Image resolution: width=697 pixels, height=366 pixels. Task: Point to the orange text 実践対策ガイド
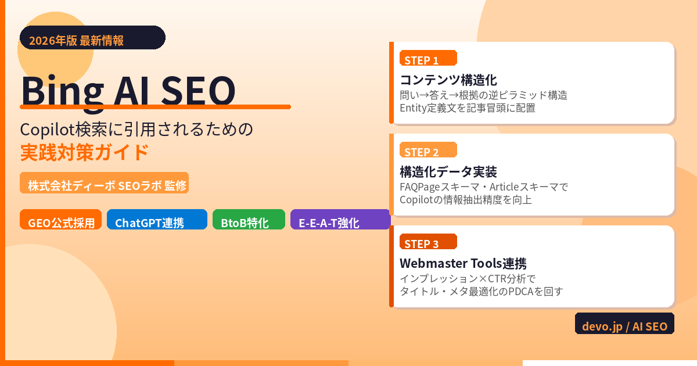click(85, 152)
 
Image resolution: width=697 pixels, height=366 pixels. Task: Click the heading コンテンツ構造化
click(448, 80)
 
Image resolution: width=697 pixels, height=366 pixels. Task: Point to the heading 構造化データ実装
click(448, 171)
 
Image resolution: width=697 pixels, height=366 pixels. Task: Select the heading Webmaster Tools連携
click(463, 263)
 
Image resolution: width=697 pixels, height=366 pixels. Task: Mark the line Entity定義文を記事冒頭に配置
click(468, 108)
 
